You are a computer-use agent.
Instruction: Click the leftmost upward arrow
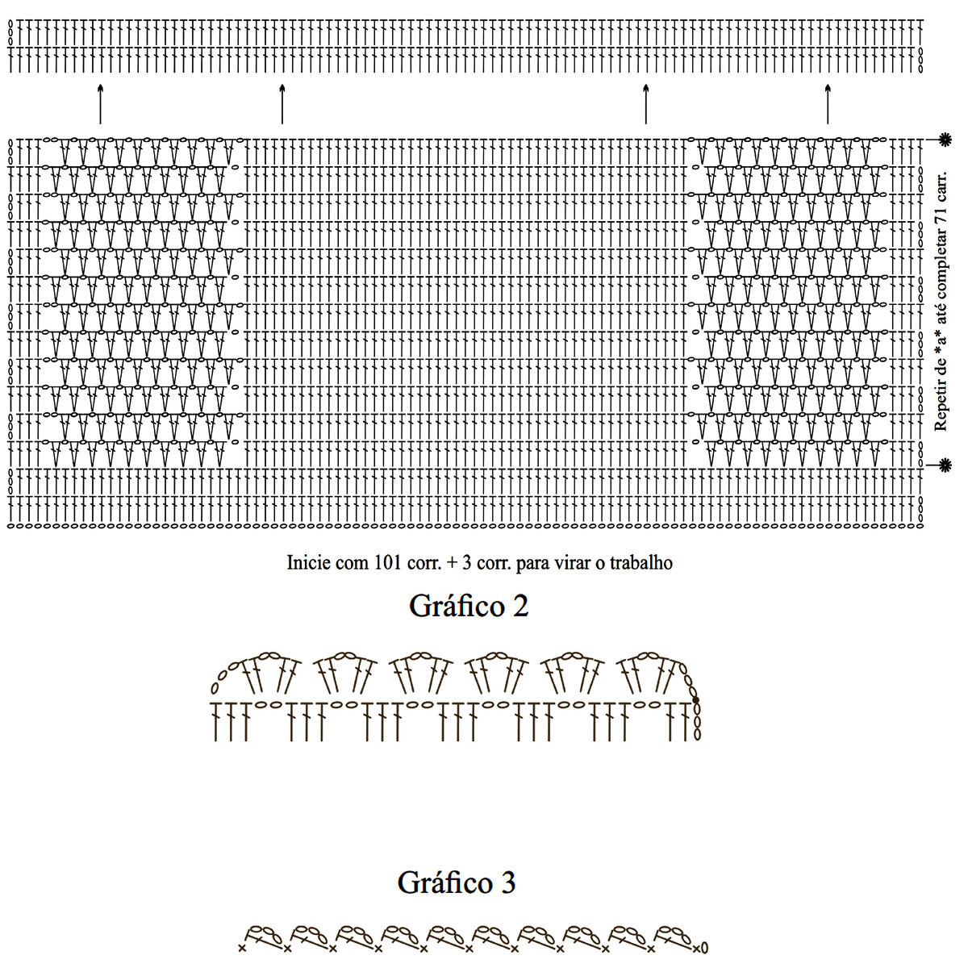click(100, 103)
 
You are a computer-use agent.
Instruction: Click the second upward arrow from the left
click(282, 103)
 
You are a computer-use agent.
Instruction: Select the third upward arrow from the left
click(645, 103)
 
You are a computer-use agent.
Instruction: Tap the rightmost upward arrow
click(828, 103)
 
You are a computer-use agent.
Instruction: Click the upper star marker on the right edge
click(945, 140)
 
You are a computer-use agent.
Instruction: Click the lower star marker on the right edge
click(945, 465)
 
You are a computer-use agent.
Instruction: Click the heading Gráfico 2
click(469, 606)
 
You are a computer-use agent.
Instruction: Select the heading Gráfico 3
click(457, 882)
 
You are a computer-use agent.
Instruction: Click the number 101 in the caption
click(361, 562)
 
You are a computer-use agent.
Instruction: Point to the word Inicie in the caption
click(304, 562)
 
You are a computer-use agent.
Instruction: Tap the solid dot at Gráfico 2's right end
click(695, 700)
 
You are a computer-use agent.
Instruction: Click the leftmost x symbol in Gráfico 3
click(241, 947)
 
